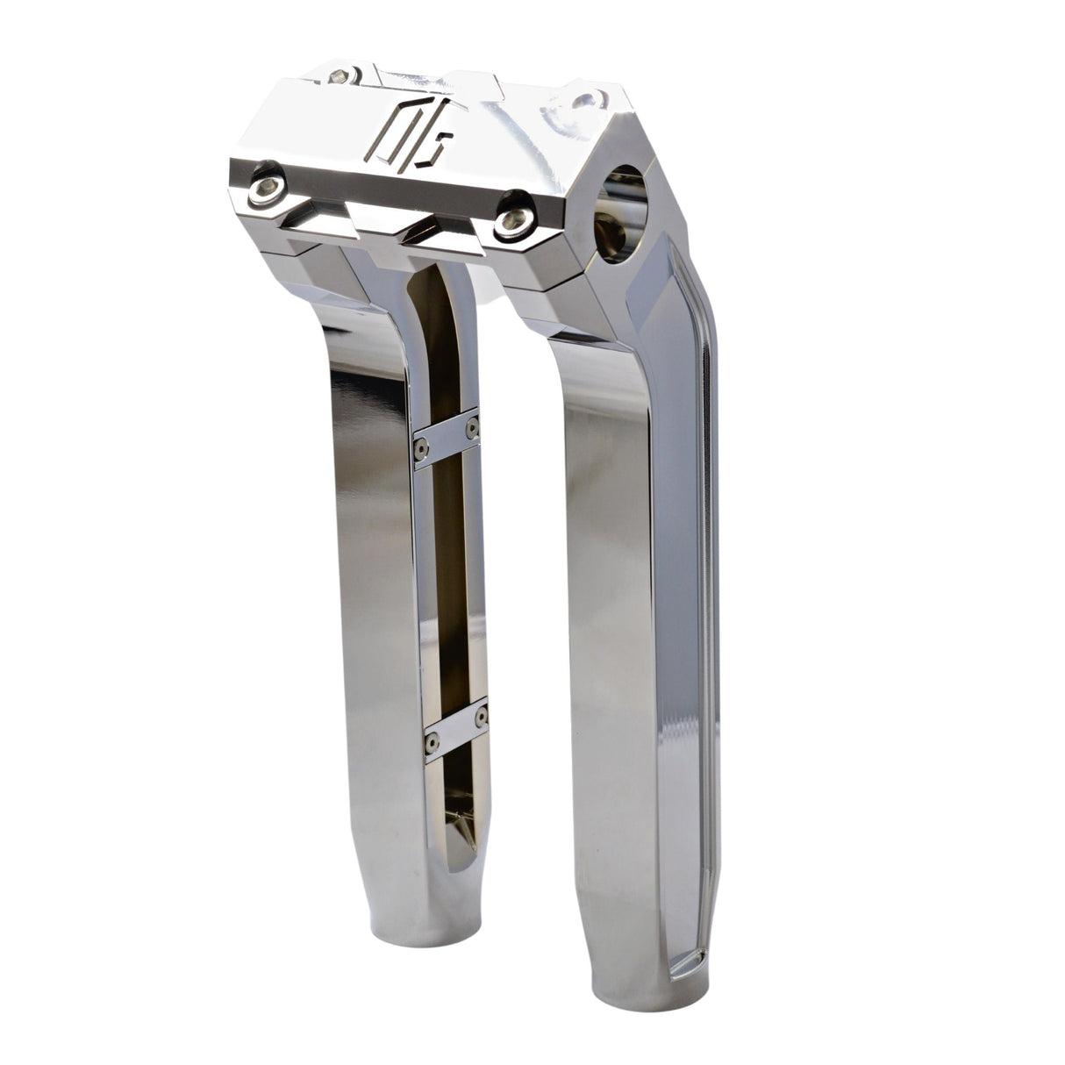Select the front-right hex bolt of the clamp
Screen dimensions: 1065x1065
508,225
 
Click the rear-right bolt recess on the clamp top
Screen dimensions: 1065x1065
590,98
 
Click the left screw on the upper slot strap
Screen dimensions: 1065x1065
419,447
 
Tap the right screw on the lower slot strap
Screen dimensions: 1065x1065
480,718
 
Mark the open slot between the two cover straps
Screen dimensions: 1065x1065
449,579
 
